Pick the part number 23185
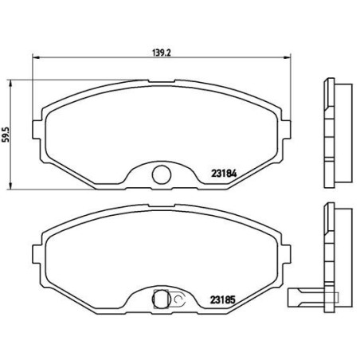click(x=225, y=299)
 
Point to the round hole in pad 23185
click(x=159, y=299)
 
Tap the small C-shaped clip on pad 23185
click(x=178, y=300)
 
